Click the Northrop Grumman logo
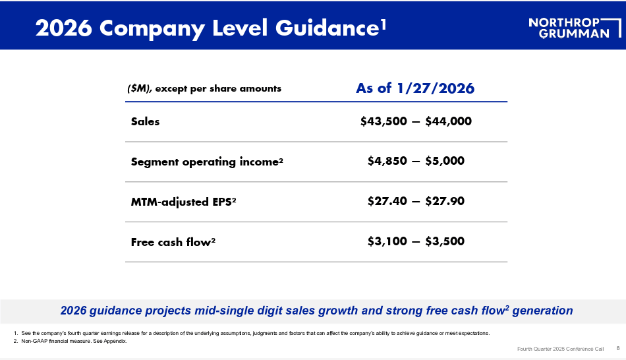click(x=575, y=28)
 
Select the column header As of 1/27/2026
click(x=415, y=88)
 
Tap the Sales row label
click(x=146, y=121)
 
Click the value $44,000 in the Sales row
click(x=448, y=121)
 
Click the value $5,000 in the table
click(x=445, y=161)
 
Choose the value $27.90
click(x=445, y=201)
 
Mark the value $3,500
click(x=445, y=241)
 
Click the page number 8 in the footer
click(x=618, y=348)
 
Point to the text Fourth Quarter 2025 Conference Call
click(x=561, y=349)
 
